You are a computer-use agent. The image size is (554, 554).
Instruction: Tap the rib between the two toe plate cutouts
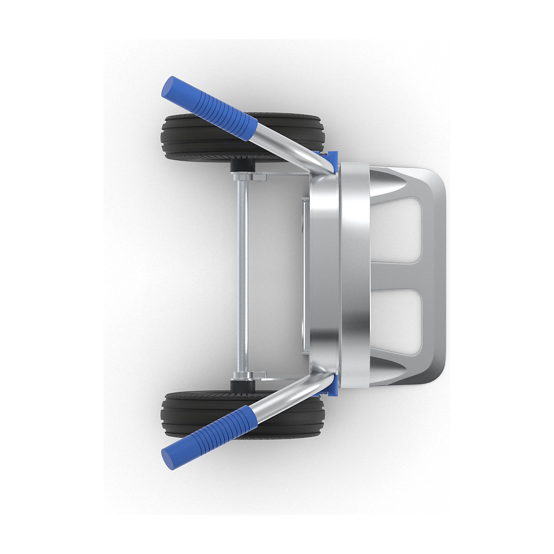397,276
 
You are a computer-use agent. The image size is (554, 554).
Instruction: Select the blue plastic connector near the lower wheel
331,388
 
